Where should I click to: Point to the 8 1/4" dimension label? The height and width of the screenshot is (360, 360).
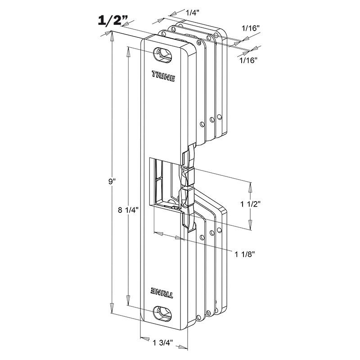coord(128,210)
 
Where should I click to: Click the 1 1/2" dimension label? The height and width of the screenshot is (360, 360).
coord(250,204)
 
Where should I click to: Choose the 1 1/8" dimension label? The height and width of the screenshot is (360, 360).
coord(245,254)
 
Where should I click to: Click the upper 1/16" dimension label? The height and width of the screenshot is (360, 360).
coord(251,28)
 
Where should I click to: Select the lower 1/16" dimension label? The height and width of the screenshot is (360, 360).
coord(248,60)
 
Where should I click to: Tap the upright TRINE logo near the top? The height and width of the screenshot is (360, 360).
coord(163,76)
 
